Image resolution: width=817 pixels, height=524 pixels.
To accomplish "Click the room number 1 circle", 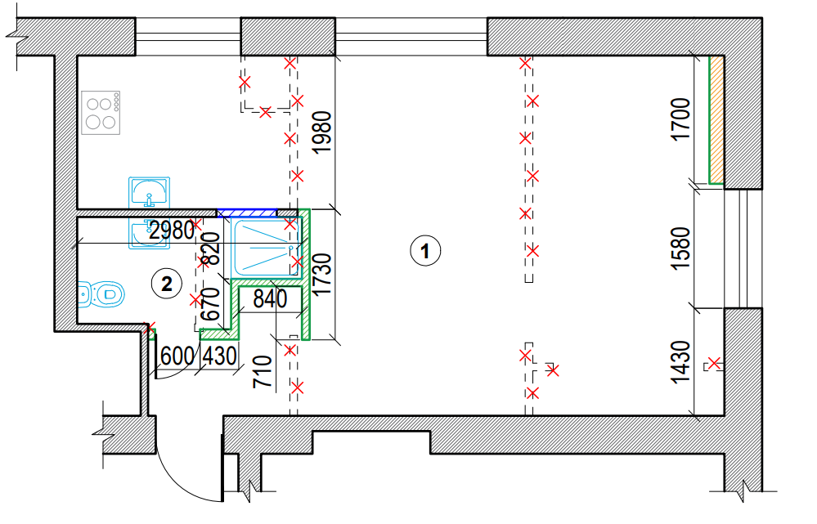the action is (426, 250).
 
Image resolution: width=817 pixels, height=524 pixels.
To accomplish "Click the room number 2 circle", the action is (166, 284).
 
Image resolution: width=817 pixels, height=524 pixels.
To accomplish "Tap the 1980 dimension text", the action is (322, 132).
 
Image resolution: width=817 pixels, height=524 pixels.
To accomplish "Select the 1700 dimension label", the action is (681, 119).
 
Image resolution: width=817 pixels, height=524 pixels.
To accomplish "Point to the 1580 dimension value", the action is (681, 249).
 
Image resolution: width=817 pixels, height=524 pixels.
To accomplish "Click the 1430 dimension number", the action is (681, 362).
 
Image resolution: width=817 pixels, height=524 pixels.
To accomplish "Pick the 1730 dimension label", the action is (322, 274).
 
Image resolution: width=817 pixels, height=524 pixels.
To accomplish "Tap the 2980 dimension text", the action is (172, 230).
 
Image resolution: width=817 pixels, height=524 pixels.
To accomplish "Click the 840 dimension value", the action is (270, 299).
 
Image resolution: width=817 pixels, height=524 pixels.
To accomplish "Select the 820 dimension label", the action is (210, 249).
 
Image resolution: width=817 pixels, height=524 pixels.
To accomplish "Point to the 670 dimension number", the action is (210, 304).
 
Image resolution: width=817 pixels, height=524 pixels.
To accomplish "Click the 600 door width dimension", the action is (177, 356).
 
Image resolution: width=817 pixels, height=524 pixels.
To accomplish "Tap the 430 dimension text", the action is (219, 356).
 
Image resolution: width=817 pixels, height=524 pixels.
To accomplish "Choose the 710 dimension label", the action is (263, 371).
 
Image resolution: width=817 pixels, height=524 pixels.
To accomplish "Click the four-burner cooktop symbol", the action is (101, 113).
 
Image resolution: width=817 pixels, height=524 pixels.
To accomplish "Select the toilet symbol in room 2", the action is (101, 295).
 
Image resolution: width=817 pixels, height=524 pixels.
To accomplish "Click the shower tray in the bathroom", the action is (267, 248).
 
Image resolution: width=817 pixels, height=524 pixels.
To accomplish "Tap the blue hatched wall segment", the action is (247, 213).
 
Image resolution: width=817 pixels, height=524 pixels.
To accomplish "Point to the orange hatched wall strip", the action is (716, 120).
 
